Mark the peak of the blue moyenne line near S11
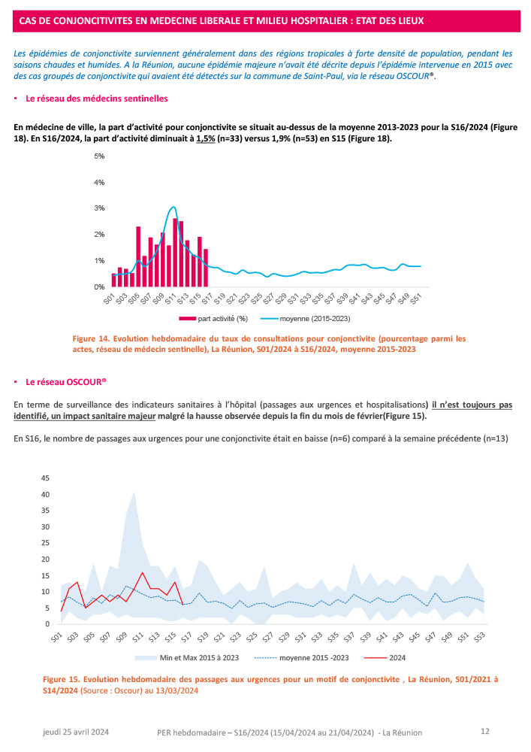coord(173,207)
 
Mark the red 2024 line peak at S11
coord(142,573)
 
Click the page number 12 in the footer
coord(484,731)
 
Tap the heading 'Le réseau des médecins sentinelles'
coord(97,99)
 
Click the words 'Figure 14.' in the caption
coord(92,338)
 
